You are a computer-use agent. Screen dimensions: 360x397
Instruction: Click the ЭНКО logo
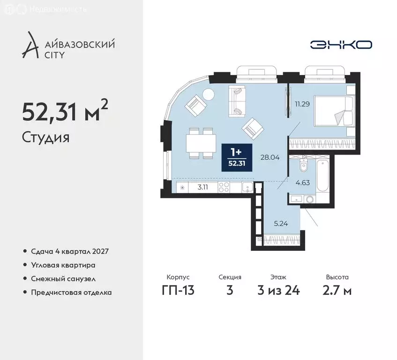(341, 45)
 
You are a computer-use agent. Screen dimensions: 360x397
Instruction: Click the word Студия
(45, 137)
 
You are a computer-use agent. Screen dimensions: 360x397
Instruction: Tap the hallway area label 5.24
(280, 223)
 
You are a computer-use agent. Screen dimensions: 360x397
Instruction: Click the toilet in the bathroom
(303, 164)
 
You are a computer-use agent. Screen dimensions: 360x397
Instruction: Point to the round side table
(209, 94)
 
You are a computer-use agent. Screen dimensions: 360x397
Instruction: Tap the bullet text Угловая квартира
(63, 265)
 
